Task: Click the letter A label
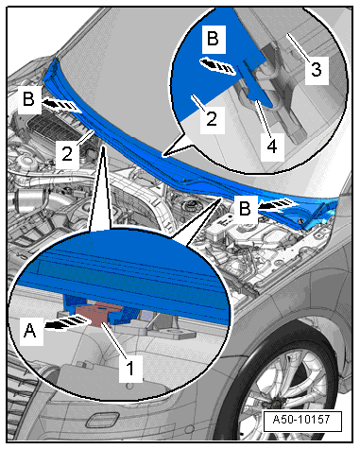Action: tap(30, 331)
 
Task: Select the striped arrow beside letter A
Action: tap(67, 323)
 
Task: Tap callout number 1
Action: tap(130, 368)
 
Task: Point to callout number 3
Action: tap(317, 69)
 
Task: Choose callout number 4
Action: tap(272, 146)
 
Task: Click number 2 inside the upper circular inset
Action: tap(212, 119)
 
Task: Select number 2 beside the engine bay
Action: tap(67, 154)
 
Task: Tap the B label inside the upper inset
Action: tap(213, 39)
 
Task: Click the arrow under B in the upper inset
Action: tap(218, 66)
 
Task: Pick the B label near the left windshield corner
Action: tap(28, 99)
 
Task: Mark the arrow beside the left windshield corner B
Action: tap(61, 105)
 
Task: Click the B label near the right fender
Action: tap(245, 208)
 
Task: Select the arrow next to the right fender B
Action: tap(278, 205)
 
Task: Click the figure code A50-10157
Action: tap(301, 420)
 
